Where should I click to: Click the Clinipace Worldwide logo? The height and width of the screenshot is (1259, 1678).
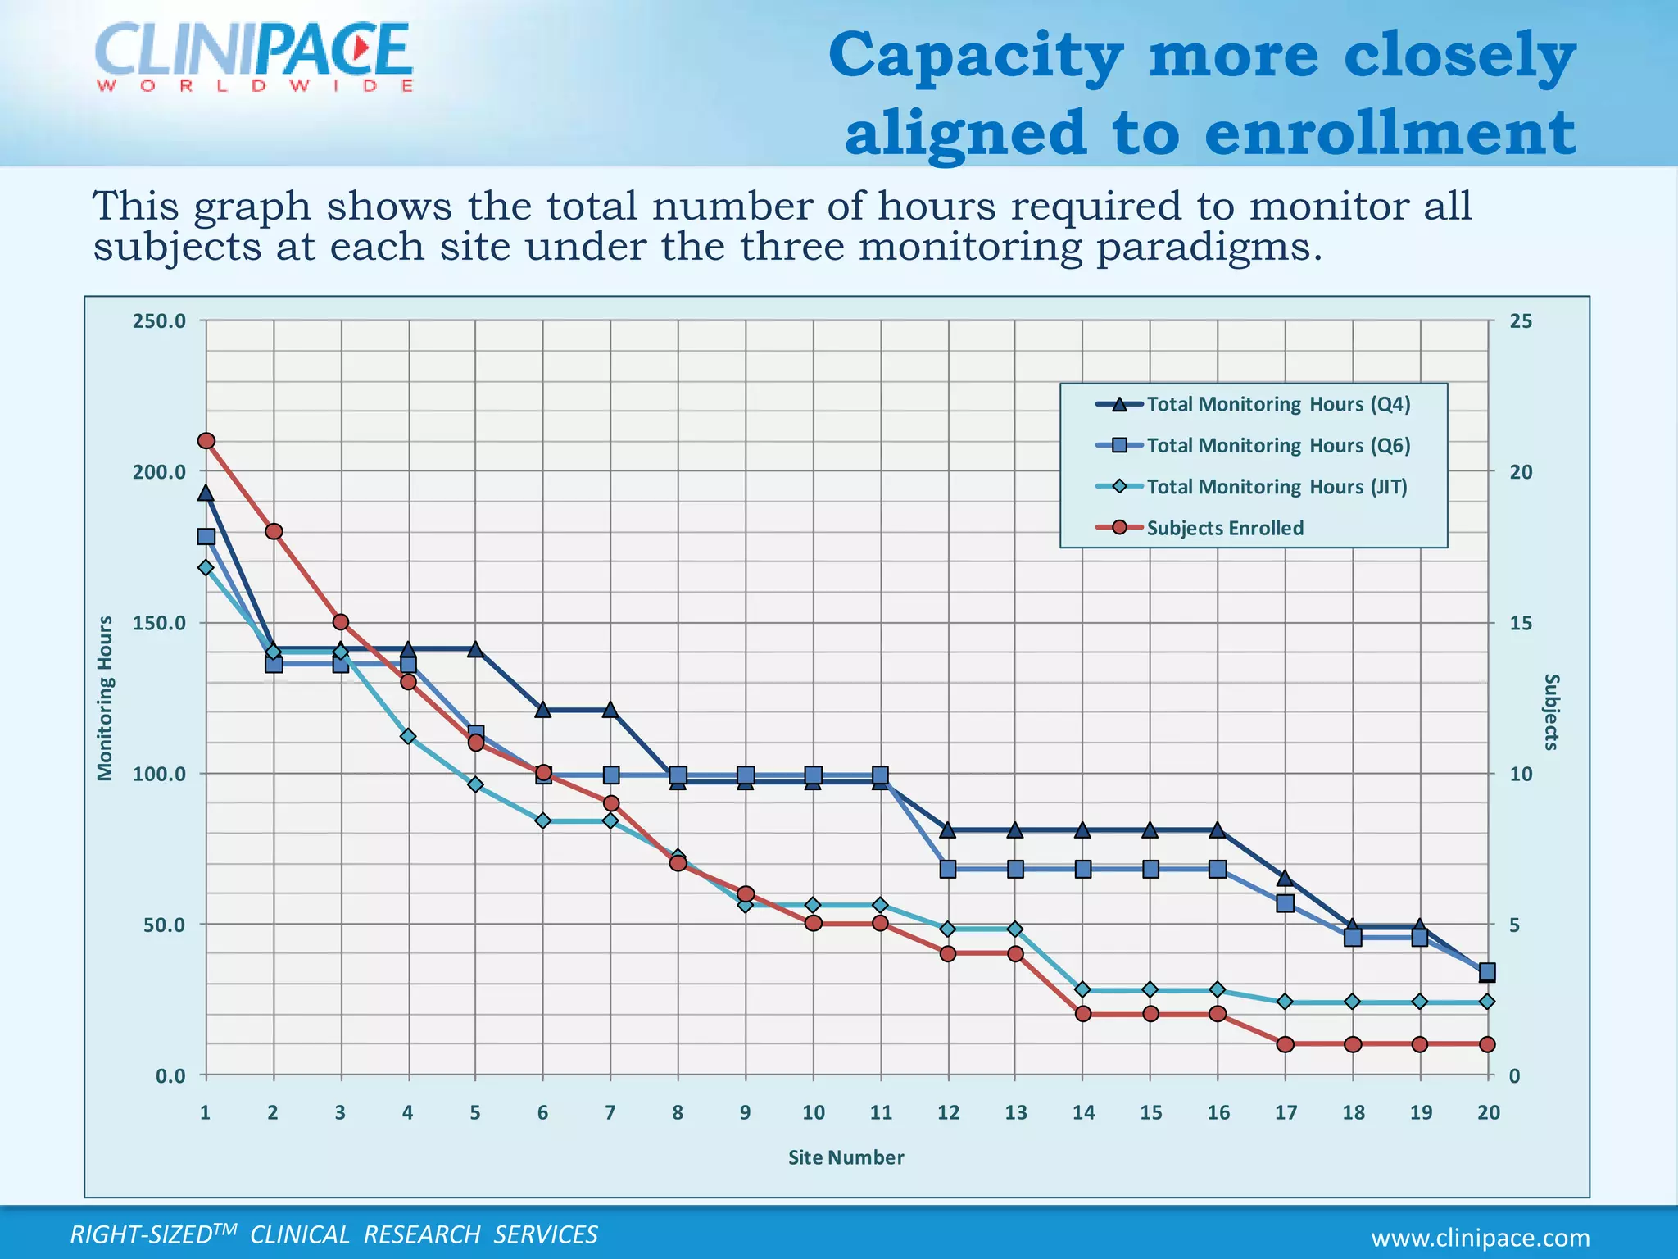pyautogui.click(x=254, y=56)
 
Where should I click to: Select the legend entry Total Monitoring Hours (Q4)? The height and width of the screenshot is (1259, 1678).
pyautogui.click(x=1277, y=404)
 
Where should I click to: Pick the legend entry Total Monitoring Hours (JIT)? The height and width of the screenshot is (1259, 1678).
pyautogui.click(x=1276, y=487)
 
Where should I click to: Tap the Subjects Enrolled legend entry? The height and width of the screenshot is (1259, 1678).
pyautogui.click(x=1224, y=528)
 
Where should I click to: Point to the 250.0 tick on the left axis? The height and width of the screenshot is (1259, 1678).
pyautogui.click(x=159, y=321)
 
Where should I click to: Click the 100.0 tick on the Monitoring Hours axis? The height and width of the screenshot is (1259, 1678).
pyautogui.click(x=159, y=774)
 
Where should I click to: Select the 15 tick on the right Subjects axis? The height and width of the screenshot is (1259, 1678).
pyautogui.click(x=1520, y=623)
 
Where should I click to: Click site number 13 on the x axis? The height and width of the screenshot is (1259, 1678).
pyautogui.click(x=1015, y=1112)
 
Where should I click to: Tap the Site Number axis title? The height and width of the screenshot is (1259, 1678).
pyautogui.click(x=846, y=1157)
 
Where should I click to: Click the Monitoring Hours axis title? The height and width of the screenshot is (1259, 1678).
pyautogui.click(x=105, y=698)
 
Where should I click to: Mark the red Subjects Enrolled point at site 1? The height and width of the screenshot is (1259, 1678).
pyautogui.click(x=206, y=441)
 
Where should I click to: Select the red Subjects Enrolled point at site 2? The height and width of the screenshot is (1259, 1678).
pyautogui.click(x=274, y=531)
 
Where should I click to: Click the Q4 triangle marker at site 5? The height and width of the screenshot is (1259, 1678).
pyautogui.click(x=475, y=649)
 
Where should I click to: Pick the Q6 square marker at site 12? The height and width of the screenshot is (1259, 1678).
pyautogui.click(x=948, y=869)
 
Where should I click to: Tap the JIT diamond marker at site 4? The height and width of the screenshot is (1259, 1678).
pyautogui.click(x=408, y=736)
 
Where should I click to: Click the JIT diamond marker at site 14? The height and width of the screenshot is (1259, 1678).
pyautogui.click(x=1082, y=989)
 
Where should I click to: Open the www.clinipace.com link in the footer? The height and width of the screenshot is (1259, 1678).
pyautogui.click(x=1480, y=1238)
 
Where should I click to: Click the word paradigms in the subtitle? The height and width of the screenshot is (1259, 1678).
pyautogui.click(x=1209, y=248)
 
